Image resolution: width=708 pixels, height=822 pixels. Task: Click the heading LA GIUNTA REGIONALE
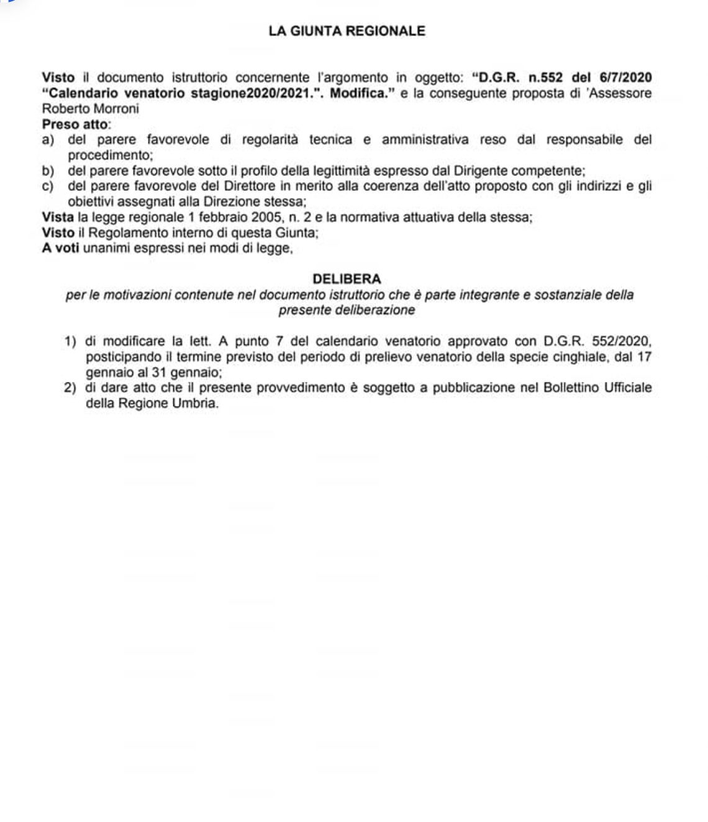click(x=347, y=31)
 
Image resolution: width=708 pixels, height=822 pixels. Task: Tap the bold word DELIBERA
click(x=347, y=279)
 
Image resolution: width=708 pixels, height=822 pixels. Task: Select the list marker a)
click(x=48, y=140)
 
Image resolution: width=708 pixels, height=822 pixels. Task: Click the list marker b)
click(x=48, y=171)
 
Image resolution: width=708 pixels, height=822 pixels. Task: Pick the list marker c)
click(x=48, y=187)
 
